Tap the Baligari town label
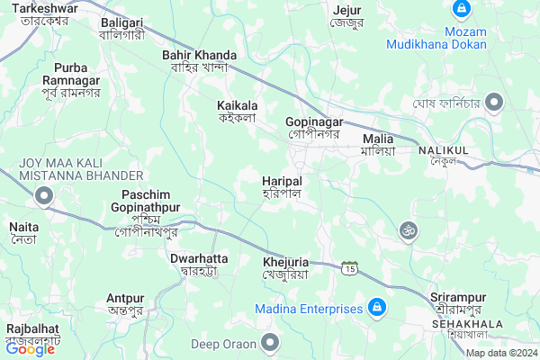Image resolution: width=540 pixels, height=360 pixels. click(x=121, y=27)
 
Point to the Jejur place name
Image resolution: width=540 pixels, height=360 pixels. click(x=346, y=16)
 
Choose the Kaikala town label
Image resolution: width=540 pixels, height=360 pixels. click(x=238, y=111)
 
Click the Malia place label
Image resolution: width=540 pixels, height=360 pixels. click(x=378, y=145)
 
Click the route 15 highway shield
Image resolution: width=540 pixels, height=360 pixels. click(x=350, y=267)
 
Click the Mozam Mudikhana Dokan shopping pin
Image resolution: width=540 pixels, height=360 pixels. click(x=461, y=9)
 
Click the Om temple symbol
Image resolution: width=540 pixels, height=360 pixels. click(x=409, y=231)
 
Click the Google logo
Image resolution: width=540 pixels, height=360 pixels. click(x=31, y=349)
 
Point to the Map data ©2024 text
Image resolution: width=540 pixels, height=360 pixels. click(x=501, y=353)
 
